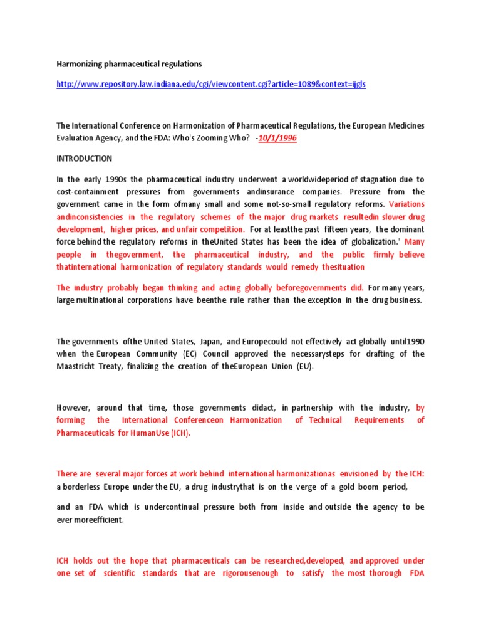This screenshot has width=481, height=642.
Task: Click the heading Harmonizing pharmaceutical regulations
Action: click(x=130, y=64)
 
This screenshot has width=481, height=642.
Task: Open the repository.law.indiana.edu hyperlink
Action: click(x=211, y=84)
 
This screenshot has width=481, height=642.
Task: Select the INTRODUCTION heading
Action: click(x=85, y=159)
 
